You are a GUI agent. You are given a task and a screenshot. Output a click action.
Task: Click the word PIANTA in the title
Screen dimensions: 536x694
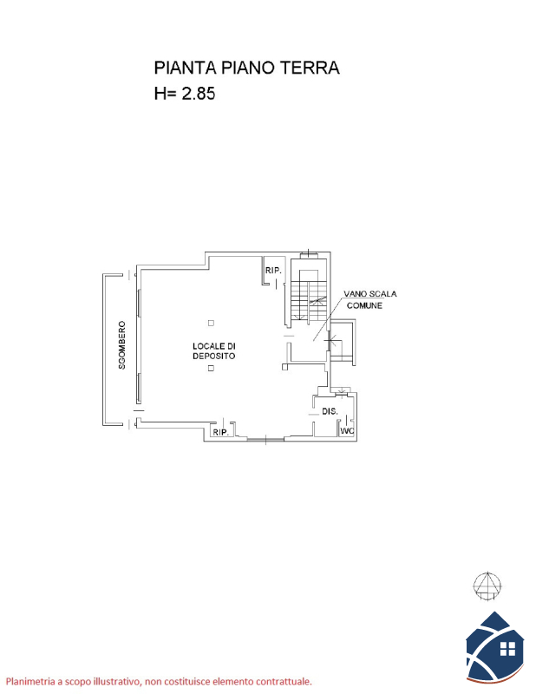pos(185,68)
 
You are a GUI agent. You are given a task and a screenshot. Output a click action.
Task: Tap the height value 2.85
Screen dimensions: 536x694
pos(199,94)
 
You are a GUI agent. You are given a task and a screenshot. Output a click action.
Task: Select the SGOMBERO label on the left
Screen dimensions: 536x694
pos(121,345)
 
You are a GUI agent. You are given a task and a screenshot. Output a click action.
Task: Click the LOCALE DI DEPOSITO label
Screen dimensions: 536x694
pos(213,350)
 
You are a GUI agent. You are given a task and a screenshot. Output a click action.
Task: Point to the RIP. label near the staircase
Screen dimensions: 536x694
pos(273,270)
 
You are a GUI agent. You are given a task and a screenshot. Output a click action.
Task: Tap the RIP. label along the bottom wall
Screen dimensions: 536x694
pos(221,432)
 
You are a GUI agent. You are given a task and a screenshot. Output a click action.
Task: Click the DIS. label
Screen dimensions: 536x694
pos(330,411)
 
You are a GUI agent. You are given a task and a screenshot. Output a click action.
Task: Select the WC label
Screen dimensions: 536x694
pos(347,430)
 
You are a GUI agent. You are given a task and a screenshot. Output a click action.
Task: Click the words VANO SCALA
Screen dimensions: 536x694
pos(370,294)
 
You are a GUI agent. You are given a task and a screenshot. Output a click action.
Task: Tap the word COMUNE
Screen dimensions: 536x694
pos(364,305)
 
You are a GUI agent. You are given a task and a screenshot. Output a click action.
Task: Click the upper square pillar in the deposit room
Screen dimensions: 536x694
pos(211,323)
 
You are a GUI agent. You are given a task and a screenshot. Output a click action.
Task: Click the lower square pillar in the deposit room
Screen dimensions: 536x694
pos(211,368)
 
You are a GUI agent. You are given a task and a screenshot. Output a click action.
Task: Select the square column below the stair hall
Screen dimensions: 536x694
pos(285,366)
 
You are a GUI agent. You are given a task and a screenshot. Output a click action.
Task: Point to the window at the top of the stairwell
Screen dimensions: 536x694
pos(309,254)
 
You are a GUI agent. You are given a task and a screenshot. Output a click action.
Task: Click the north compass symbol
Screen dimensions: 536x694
pos(487,586)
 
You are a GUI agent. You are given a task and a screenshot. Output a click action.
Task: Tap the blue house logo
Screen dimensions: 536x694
pos(495,646)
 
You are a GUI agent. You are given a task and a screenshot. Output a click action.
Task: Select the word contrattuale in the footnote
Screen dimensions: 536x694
pos(285,682)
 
